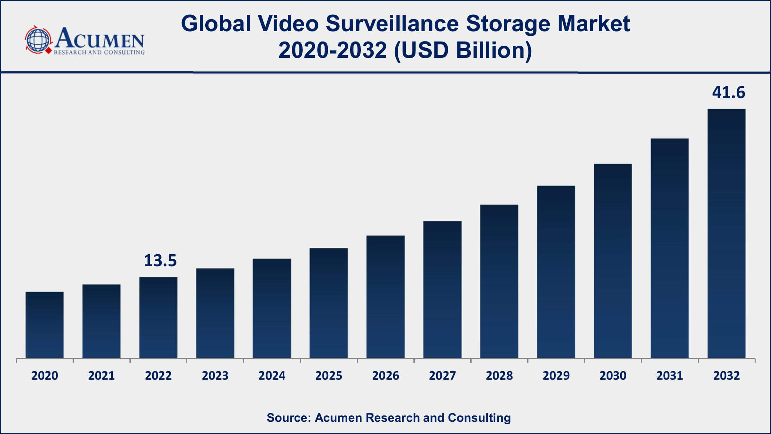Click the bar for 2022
pos(158,317)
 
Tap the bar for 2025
pos(329,303)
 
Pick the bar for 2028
pos(499,281)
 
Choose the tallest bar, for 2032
pos(726,233)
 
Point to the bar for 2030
pos(613,261)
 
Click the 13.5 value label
pos(160,260)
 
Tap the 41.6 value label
pos(728,93)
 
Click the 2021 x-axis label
pos(102,375)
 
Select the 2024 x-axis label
pos(272,375)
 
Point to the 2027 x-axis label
pos(442,375)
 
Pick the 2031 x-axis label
pos(669,375)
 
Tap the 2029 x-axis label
pos(556,375)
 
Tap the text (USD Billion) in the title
pos(463,51)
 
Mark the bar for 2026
pos(385,297)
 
